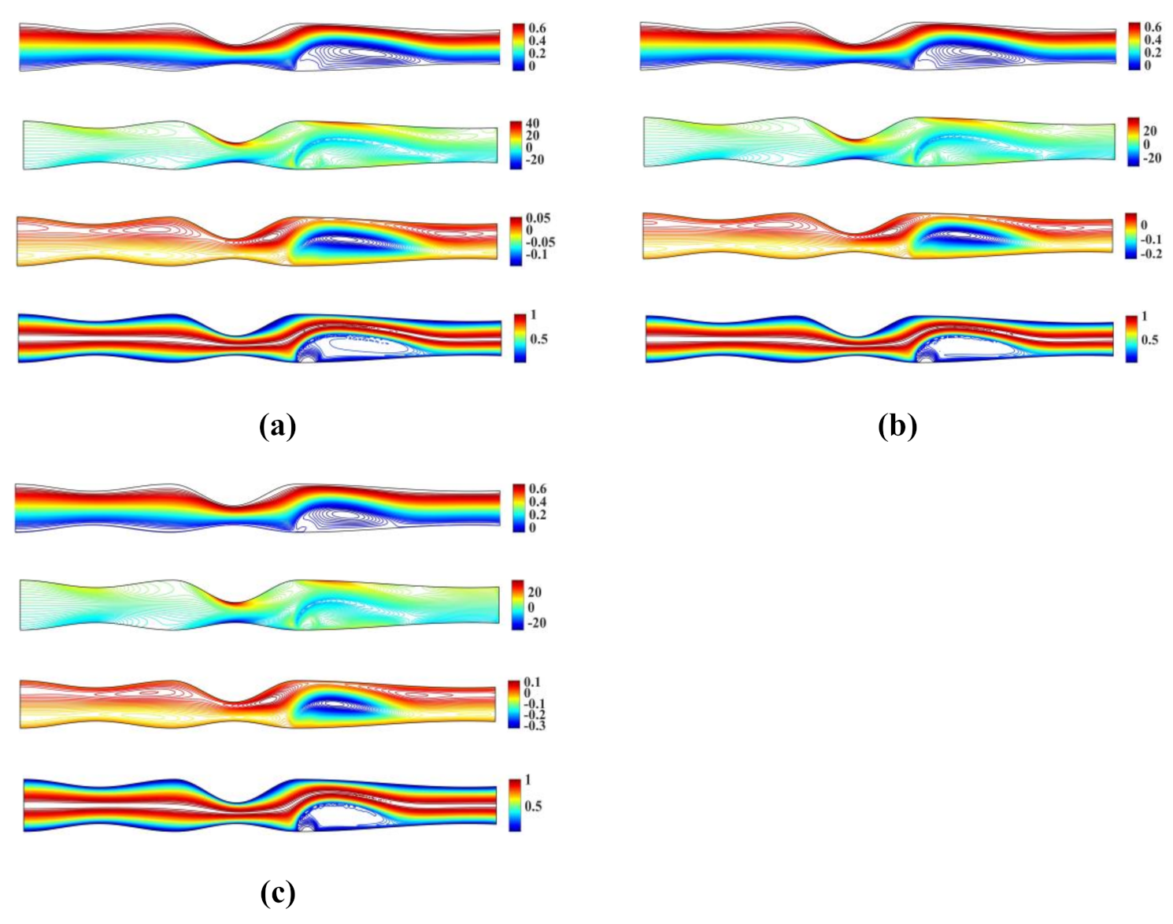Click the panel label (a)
[277, 426]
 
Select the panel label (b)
[897, 426]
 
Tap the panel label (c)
[277, 892]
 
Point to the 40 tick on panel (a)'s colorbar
[533, 124]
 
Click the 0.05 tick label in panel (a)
[538, 218]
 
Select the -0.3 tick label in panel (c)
[535, 725]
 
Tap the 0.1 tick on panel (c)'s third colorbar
[532, 682]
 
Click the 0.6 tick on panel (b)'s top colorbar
[1153, 28]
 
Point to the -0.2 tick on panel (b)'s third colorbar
[1151, 254]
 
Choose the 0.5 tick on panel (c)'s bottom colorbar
[533, 806]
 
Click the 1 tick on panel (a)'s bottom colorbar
[533, 315]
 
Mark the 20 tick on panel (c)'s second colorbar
[534, 592]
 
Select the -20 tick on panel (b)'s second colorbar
[1151, 158]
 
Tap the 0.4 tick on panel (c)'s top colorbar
[538, 502]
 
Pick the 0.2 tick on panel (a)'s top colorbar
[538, 54]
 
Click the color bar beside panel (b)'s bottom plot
[1131, 339]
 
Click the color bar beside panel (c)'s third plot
[514, 703]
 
